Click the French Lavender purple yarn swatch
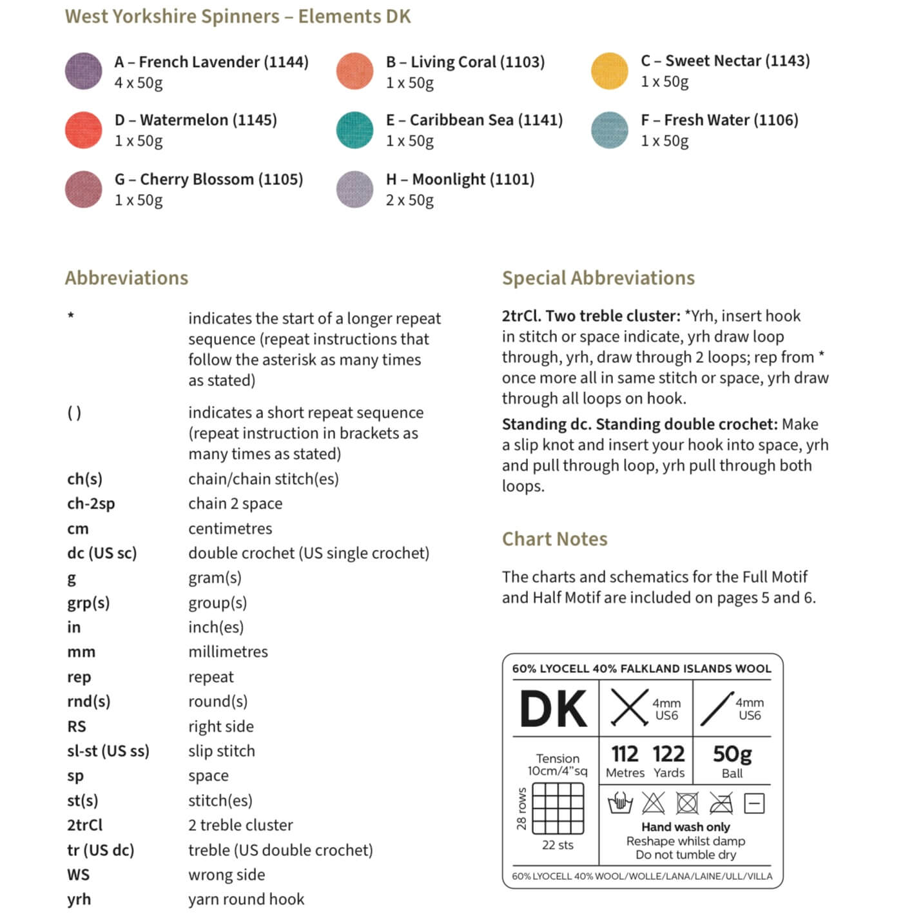pyautogui.click(x=84, y=71)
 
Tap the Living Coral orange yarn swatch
pyautogui.click(x=355, y=71)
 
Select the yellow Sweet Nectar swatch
pyautogui.click(x=609, y=71)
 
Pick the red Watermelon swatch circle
pyautogui.click(x=84, y=130)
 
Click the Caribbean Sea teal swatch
pyautogui.click(x=355, y=130)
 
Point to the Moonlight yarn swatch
pyautogui.click(x=355, y=189)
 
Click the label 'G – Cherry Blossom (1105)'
pyautogui.click(x=208, y=179)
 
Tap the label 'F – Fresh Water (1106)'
pyautogui.click(x=719, y=120)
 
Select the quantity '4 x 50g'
pyautogui.click(x=139, y=83)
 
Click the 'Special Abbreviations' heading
pyautogui.click(x=598, y=278)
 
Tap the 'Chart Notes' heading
pyautogui.click(x=554, y=539)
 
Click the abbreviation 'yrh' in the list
pyautogui.click(x=79, y=899)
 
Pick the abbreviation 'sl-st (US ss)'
pyautogui.click(x=108, y=751)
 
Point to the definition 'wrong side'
pyautogui.click(x=226, y=875)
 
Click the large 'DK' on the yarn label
pyautogui.click(x=554, y=709)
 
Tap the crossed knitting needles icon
pyautogui.click(x=629, y=708)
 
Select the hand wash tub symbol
pyautogui.click(x=620, y=803)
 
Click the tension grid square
pyautogui.click(x=558, y=808)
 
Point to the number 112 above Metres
pyautogui.click(x=625, y=754)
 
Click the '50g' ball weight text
pyautogui.click(x=732, y=754)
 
